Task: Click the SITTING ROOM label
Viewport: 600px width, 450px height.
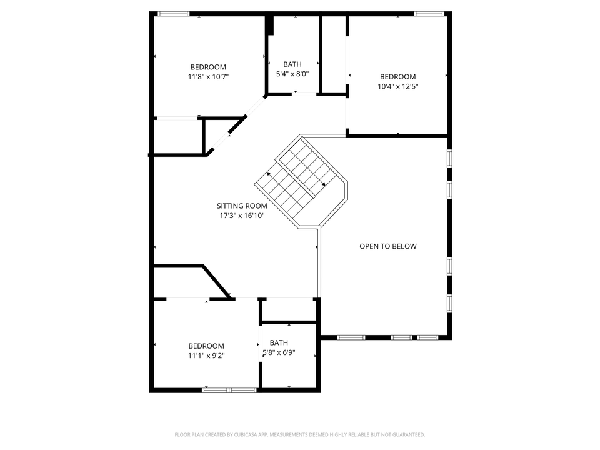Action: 242,206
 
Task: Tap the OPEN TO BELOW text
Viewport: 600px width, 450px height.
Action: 388,246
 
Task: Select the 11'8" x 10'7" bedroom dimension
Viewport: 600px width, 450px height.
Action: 208,77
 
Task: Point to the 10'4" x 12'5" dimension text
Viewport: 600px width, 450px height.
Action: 398,86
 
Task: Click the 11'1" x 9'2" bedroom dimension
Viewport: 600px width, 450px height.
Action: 206,356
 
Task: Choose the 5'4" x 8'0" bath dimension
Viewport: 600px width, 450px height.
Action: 292,74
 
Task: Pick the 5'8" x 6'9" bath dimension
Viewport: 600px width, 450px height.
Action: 279,352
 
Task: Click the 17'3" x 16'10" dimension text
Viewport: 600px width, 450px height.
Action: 242,216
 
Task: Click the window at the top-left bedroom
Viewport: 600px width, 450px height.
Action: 174,14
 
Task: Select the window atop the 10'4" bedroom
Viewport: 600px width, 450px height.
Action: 429,14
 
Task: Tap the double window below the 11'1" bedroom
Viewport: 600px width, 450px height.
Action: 229,390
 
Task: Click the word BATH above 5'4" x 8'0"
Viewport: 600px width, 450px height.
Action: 292,64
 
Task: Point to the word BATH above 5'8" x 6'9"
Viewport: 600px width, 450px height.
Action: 279,343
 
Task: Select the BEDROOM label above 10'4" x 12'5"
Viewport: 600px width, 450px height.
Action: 398,76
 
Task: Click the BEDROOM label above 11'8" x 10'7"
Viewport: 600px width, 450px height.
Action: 208,67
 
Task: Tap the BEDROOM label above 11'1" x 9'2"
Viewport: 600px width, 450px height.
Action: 206,346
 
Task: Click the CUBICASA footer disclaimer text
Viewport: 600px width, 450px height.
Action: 299,435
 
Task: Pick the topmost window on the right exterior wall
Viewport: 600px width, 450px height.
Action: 449,158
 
